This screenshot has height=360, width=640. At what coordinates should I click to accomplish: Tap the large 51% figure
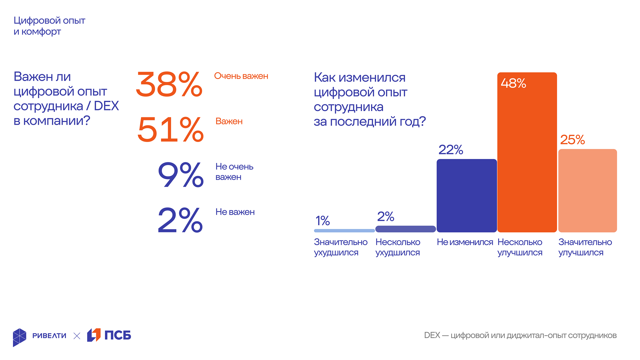[x=170, y=130]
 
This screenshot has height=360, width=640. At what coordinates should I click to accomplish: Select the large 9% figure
[x=180, y=175]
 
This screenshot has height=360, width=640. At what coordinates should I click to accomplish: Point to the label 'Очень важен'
[x=241, y=76]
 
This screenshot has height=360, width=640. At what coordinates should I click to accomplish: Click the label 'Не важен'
[x=235, y=212]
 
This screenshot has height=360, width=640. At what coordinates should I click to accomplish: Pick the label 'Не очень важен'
[x=234, y=172]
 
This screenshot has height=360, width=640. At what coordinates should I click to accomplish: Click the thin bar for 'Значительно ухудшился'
[x=344, y=231]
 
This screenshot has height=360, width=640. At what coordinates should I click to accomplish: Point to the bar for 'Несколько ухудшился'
[x=406, y=229]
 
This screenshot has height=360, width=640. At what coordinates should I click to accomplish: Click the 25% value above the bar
[x=572, y=140]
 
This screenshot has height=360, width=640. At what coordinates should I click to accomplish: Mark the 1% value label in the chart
[x=323, y=221]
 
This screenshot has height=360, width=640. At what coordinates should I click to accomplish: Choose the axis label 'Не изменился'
[x=465, y=242]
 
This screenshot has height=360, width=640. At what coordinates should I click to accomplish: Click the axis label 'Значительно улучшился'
[x=585, y=247]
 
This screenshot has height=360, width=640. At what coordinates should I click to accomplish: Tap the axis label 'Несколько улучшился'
[x=520, y=247]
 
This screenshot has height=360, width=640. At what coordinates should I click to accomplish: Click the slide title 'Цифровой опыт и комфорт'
[x=49, y=26]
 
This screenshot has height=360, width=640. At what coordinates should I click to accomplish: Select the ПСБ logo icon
[x=94, y=335]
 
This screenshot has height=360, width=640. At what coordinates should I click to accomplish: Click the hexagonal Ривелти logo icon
[x=20, y=337]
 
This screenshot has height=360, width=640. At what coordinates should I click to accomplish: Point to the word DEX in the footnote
[x=432, y=335]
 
